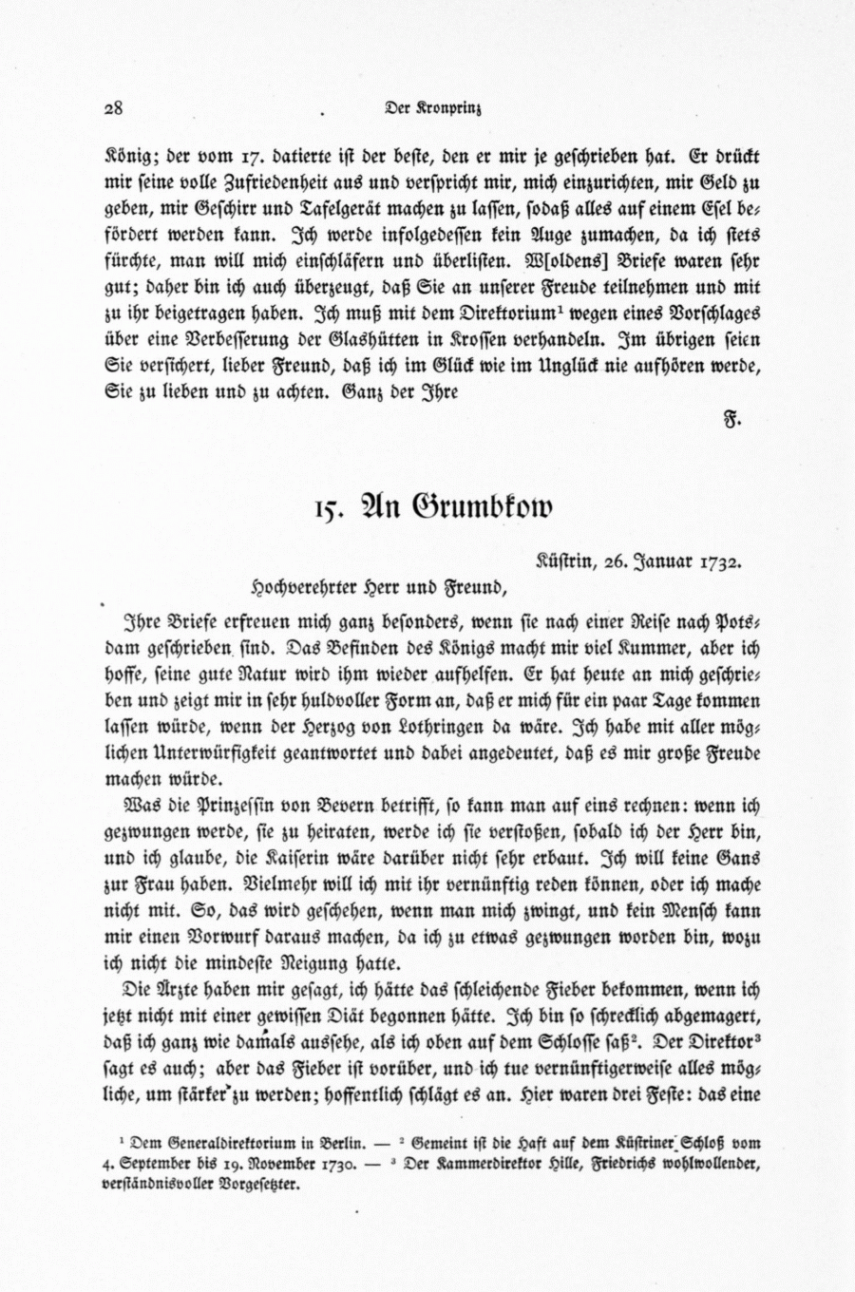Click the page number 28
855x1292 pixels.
pyautogui.click(x=114, y=107)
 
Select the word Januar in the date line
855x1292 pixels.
pyautogui.click(x=662, y=560)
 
